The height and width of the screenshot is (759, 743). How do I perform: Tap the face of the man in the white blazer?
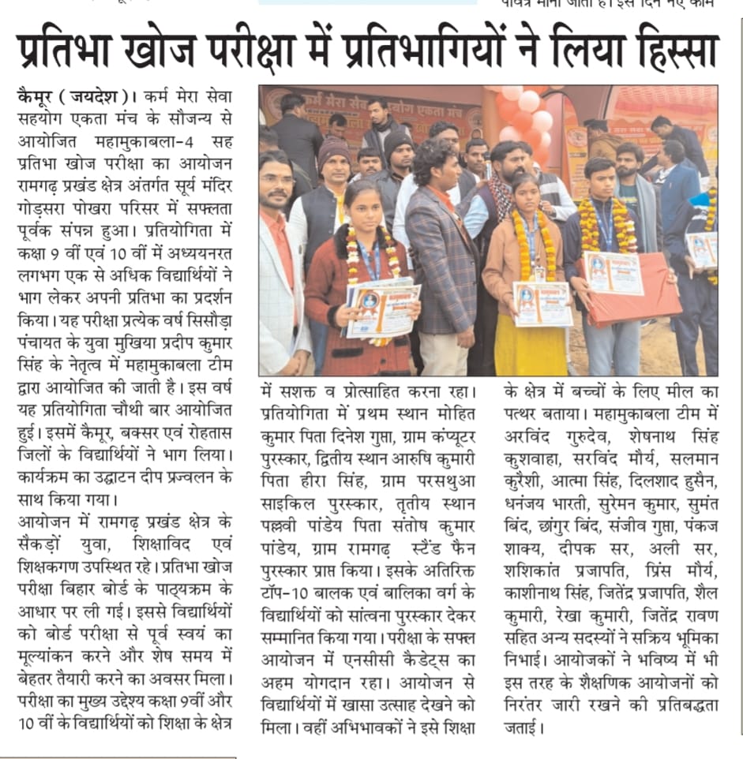(276, 187)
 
